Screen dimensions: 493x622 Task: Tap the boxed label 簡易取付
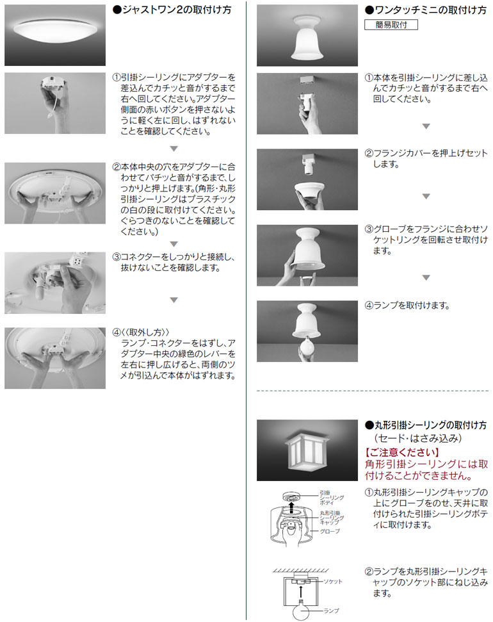(391, 24)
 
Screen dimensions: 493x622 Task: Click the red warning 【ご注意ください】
(402, 452)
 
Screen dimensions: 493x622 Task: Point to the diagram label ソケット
(333, 582)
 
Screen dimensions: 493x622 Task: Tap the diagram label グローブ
(330, 531)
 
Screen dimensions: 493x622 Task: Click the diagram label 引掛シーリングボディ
(332, 498)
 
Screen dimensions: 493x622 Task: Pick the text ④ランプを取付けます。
(407, 306)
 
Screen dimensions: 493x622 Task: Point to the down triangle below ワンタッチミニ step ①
(426, 126)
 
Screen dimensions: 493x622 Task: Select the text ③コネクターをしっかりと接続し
(174, 257)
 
